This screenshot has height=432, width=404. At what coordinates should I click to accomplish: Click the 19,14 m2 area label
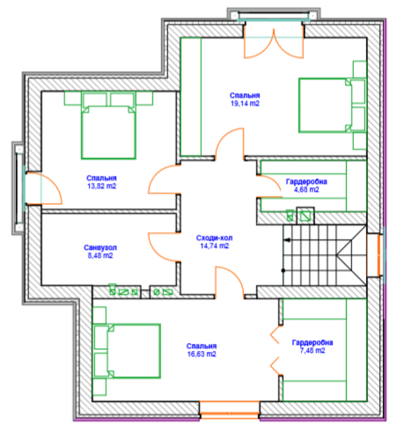coord(245,103)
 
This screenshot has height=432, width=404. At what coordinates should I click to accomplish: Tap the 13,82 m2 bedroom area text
coord(102,186)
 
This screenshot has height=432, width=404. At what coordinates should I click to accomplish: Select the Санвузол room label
coord(100,248)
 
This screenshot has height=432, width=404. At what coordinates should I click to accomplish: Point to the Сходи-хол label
coord(214,238)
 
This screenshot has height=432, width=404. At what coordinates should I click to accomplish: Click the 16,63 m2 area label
coord(201,354)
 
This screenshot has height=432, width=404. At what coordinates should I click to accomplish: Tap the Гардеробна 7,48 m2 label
coord(313,347)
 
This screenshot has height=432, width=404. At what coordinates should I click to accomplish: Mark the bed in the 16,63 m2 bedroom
coord(127,351)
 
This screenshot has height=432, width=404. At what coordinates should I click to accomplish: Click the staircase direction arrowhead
coord(287,240)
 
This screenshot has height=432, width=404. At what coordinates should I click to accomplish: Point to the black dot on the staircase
coord(283,270)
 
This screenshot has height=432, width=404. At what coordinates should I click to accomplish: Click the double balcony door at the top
coord(274,44)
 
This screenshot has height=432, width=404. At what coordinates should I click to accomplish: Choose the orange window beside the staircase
coord(379,255)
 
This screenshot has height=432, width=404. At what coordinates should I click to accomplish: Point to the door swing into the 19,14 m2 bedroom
coord(229,144)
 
